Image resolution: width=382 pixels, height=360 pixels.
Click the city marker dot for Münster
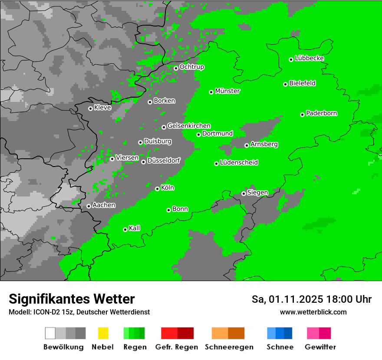tap(211, 92)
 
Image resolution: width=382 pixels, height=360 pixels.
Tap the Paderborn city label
tap(322, 113)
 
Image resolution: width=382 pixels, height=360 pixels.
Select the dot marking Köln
tap(158, 189)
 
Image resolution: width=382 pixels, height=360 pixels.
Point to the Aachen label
tap(104, 205)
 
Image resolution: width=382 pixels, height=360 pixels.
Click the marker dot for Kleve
tap(90, 108)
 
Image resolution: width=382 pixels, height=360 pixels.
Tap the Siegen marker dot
tap(244, 193)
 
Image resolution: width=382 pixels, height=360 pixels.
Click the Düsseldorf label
tap(164, 160)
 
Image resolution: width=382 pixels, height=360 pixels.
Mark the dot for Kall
tap(125, 229)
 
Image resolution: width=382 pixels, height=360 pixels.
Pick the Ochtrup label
tap(192, 67)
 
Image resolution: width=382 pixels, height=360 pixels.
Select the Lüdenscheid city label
tap(239, 163)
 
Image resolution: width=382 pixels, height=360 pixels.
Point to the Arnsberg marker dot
tap(247, 145)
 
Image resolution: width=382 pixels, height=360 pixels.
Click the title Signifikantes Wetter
tap(72, 299)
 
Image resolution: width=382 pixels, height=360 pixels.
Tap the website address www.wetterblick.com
tap(313, 312)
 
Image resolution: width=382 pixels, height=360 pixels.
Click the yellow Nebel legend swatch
tap(103, 333)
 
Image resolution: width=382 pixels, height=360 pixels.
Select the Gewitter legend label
tap(320, 347)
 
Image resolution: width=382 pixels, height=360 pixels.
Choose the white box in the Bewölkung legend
tap(50, 333)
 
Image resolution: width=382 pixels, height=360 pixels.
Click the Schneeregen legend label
tap(229, 347)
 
